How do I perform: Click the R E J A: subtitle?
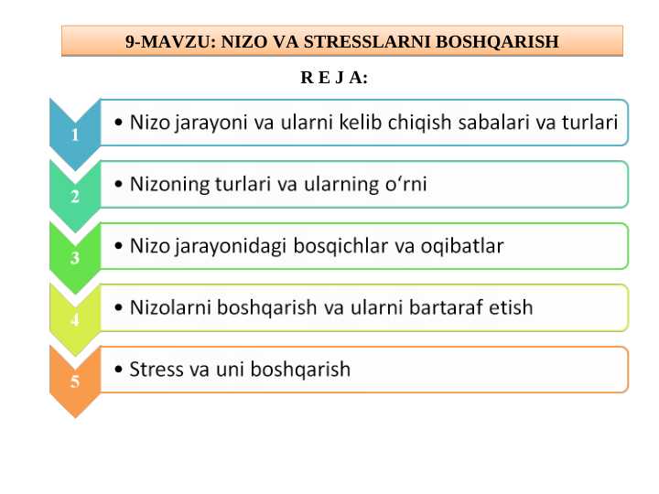tap(334, 78)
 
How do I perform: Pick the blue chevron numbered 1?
tap(74, 134)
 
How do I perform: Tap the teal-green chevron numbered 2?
tap(74, 195)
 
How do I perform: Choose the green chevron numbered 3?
tap(74, 257)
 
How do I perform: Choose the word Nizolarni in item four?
tap(170, 307)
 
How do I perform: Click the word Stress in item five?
tap(156, 370)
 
